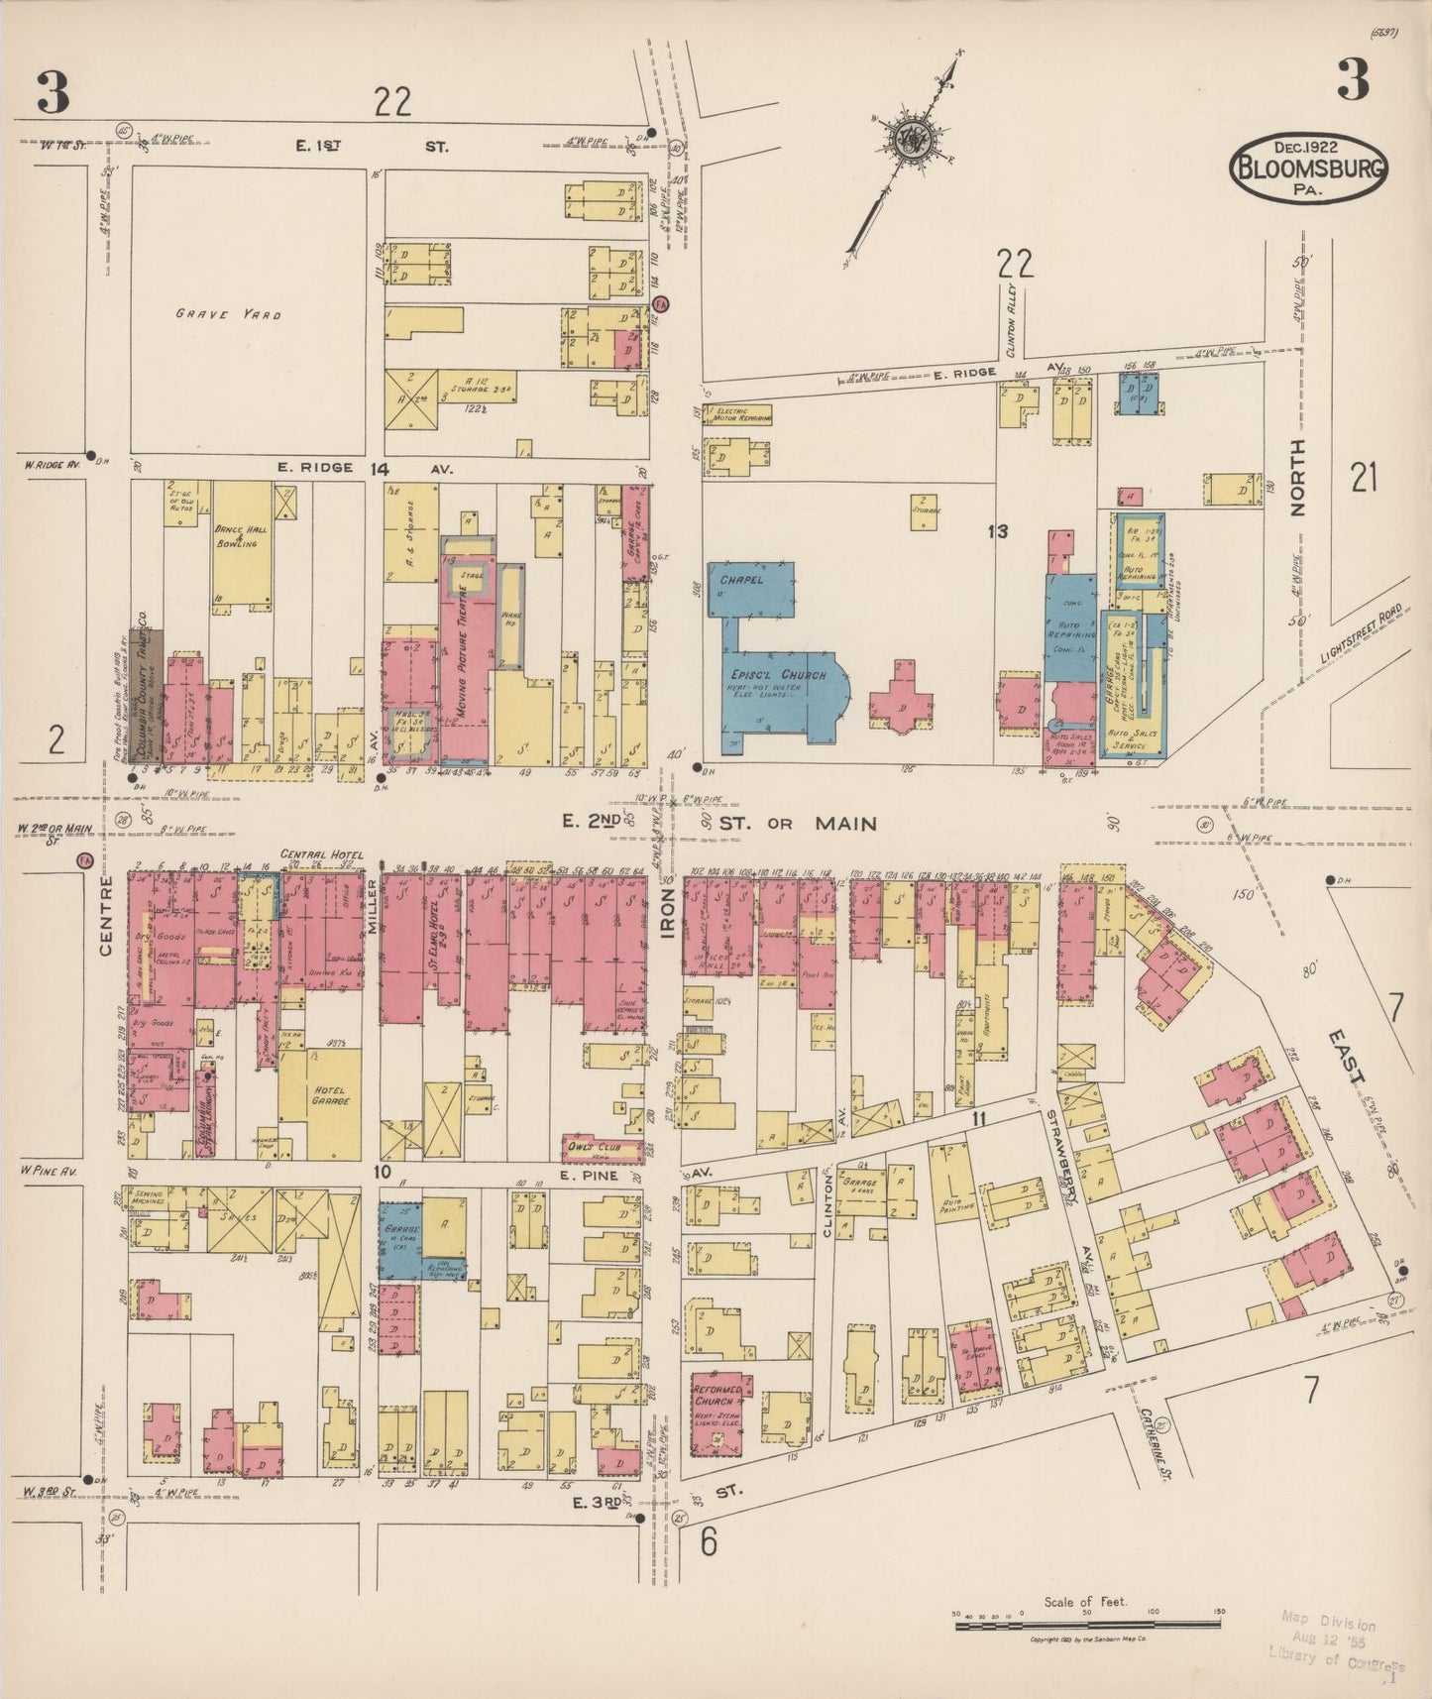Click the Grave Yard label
tap(228, 314)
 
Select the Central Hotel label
tap(321, 854)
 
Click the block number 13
tap(997, 532)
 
